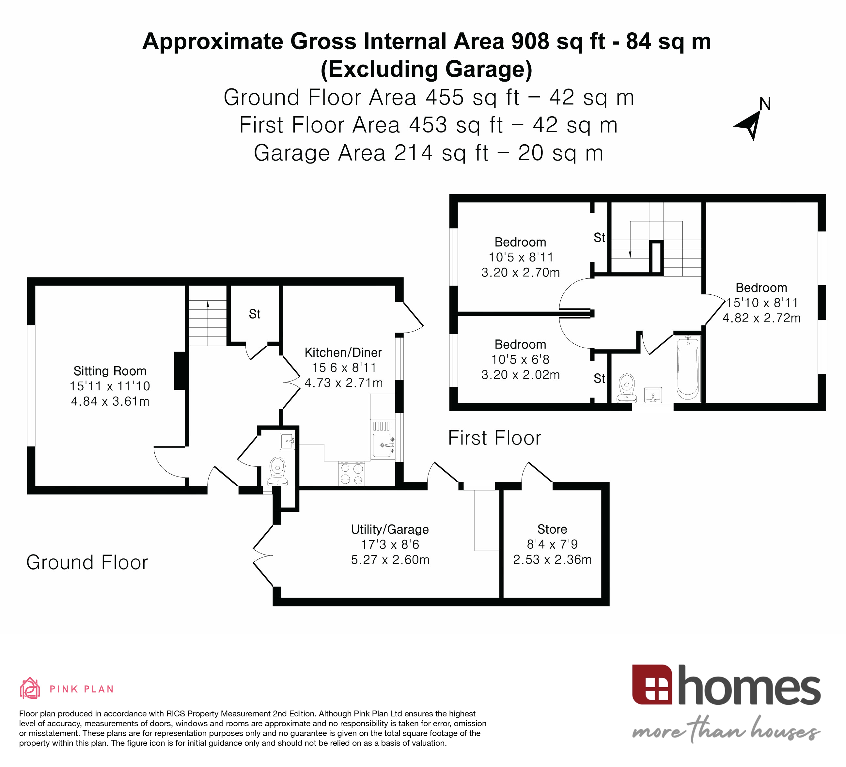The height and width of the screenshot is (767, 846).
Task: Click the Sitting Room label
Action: pos(110,371)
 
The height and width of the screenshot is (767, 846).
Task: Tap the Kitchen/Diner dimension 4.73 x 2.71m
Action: pos(343,383)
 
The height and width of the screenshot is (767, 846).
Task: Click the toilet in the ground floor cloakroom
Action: pos(277,471)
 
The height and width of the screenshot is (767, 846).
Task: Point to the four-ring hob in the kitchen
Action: pos(351,474)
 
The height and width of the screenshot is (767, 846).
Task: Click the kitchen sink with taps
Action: pos(383,445)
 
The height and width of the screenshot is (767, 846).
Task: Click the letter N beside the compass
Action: pos(765,104)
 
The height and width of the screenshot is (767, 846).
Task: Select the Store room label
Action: pos(552,529)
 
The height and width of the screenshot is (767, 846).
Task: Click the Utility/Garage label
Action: pos(390,529)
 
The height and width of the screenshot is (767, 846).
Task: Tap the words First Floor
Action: pos(494,438)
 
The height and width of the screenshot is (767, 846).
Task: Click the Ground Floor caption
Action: pos(87,562)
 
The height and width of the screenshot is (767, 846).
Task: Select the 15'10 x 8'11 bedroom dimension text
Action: pos(762,303)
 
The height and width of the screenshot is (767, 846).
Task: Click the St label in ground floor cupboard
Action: pos(254,314)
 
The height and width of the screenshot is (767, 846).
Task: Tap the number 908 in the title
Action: pos(530,41)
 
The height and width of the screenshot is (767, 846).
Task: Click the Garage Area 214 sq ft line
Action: pos(429,153)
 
